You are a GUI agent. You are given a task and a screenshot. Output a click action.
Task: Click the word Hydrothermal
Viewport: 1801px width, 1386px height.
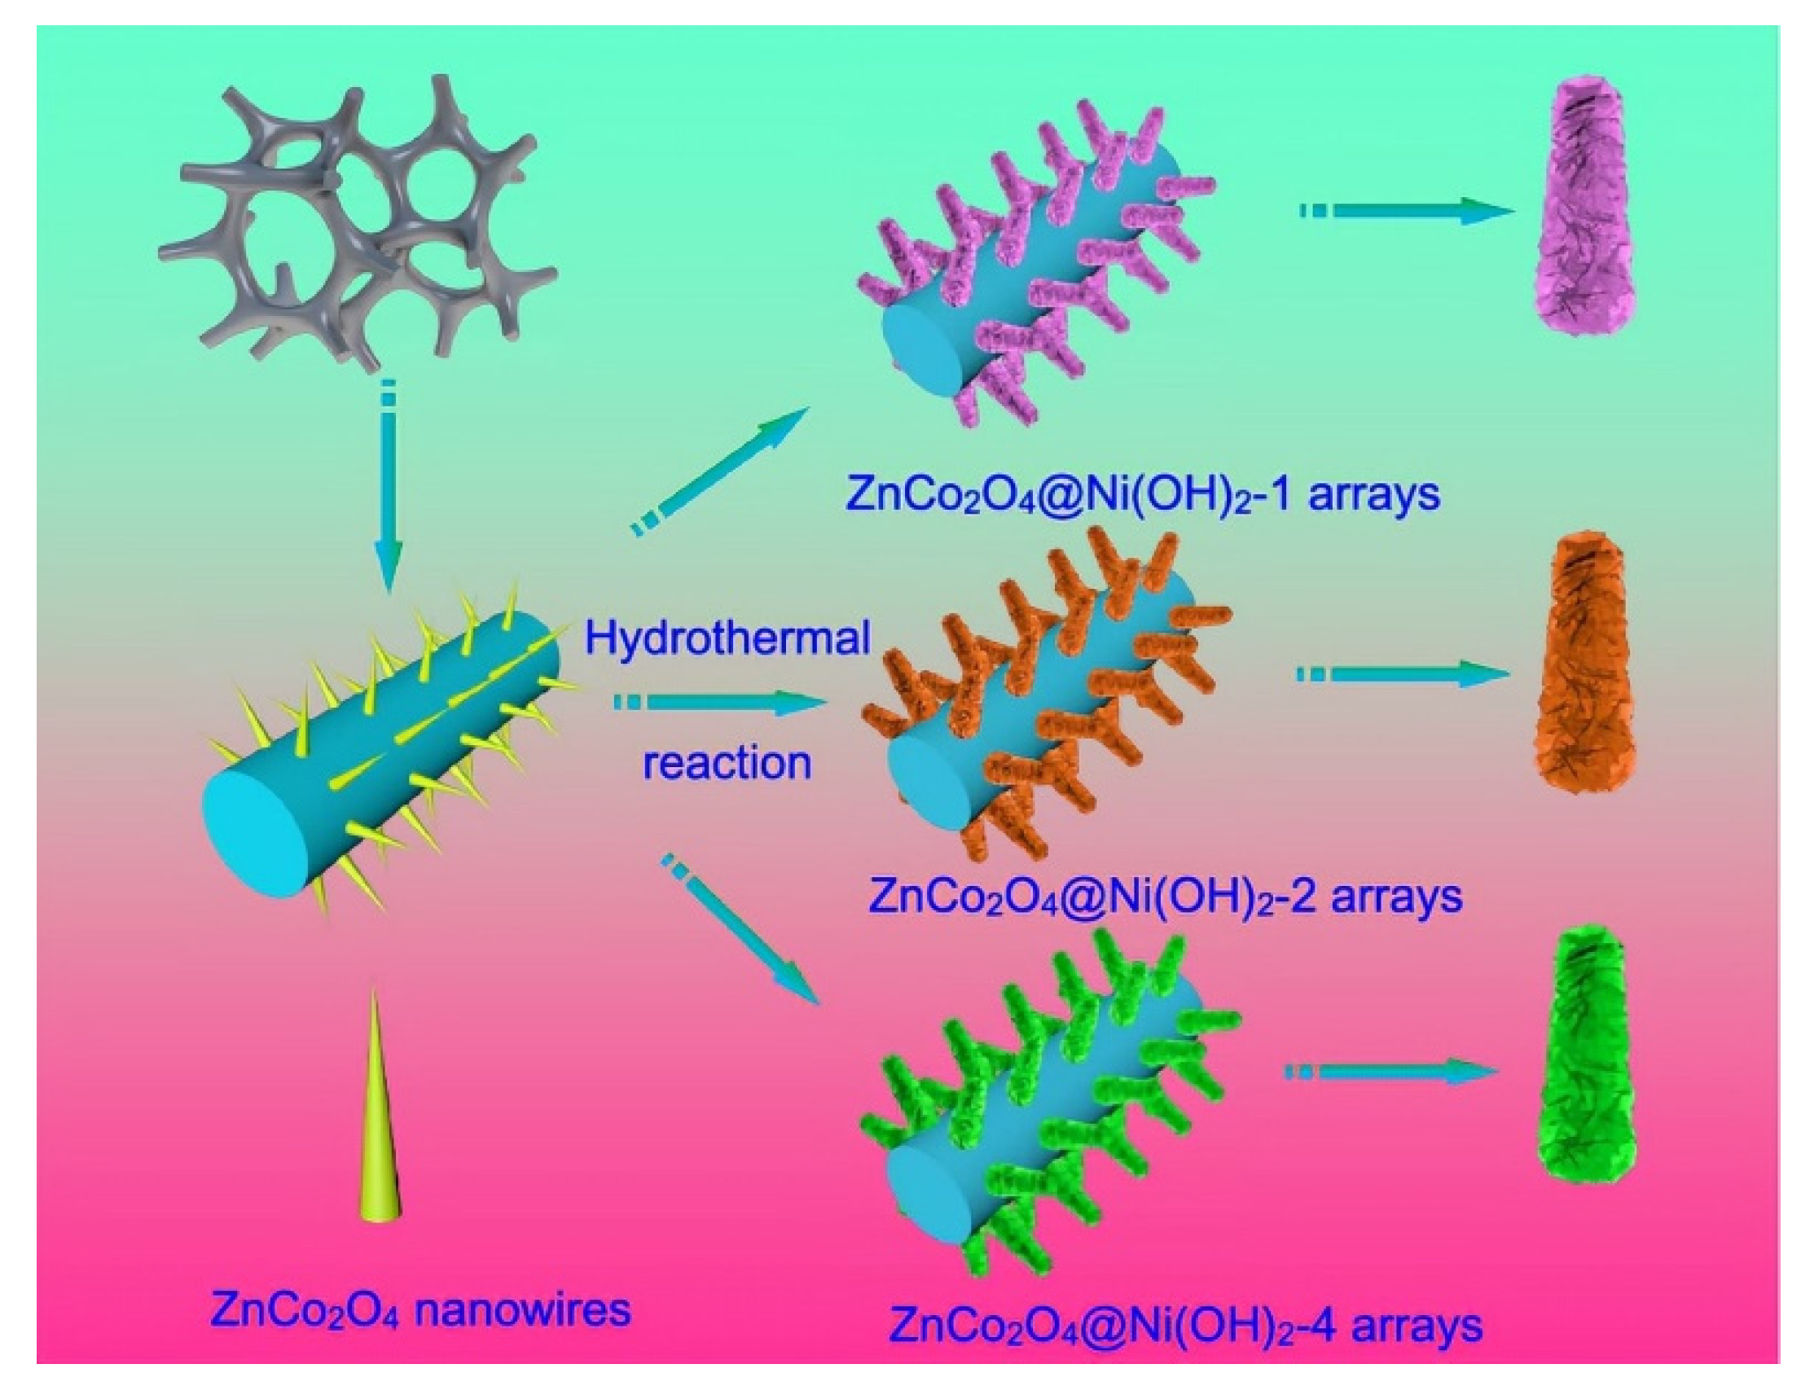[727, 639]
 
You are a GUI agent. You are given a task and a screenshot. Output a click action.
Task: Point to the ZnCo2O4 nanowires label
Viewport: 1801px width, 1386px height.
[420, 1309]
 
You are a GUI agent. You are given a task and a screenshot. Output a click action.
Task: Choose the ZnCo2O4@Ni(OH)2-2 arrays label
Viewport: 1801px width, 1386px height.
[1165, 897]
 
